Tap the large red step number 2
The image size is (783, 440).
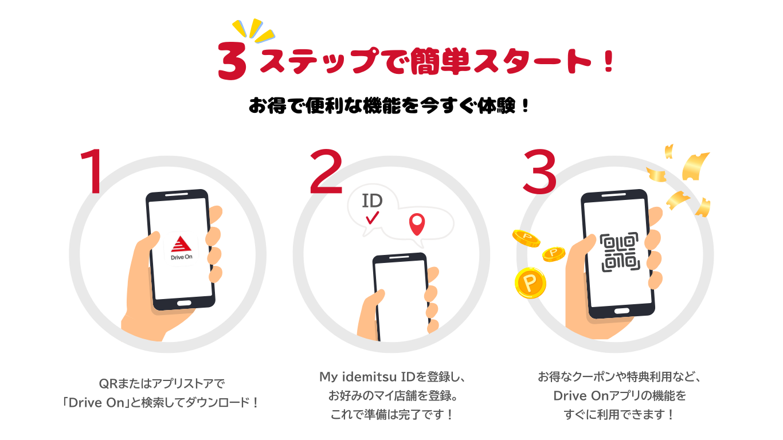point(326,171)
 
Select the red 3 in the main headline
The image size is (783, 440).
point(232,61)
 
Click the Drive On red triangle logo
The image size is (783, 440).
point(181,244)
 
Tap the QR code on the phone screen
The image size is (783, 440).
point(620,252)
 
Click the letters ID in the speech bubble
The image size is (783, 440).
point(372,201)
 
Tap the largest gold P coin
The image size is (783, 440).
point(530,282)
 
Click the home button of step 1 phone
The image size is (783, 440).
point(184,303)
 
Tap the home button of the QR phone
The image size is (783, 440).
point(621,311)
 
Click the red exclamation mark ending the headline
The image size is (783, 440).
point(609,61)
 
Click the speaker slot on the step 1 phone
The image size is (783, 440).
point(177,194)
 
